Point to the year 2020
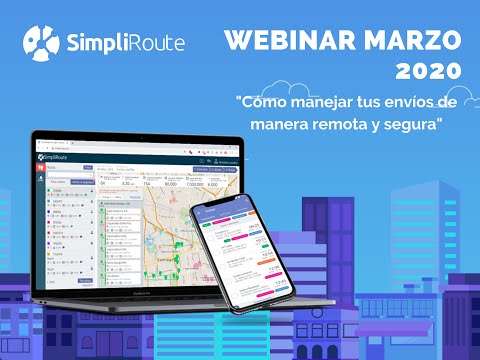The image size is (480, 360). point(429,71)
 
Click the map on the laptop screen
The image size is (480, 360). point(180,214)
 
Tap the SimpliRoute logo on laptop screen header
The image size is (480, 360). point(58,156)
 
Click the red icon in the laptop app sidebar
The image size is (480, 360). point(41,169)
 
